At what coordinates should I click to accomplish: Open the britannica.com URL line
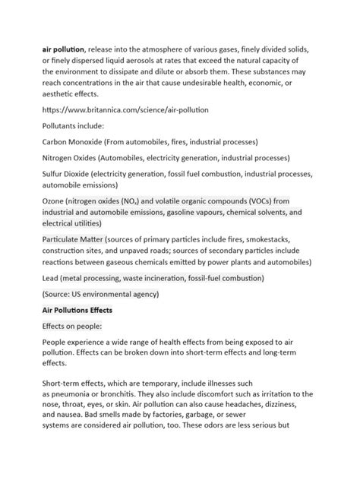pyautogui.click(x=125, y=110)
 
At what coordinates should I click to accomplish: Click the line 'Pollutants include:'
pyautogui.click(x=74, y=126)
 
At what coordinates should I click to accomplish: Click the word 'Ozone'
pyautogui.click(x=55, y=201)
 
